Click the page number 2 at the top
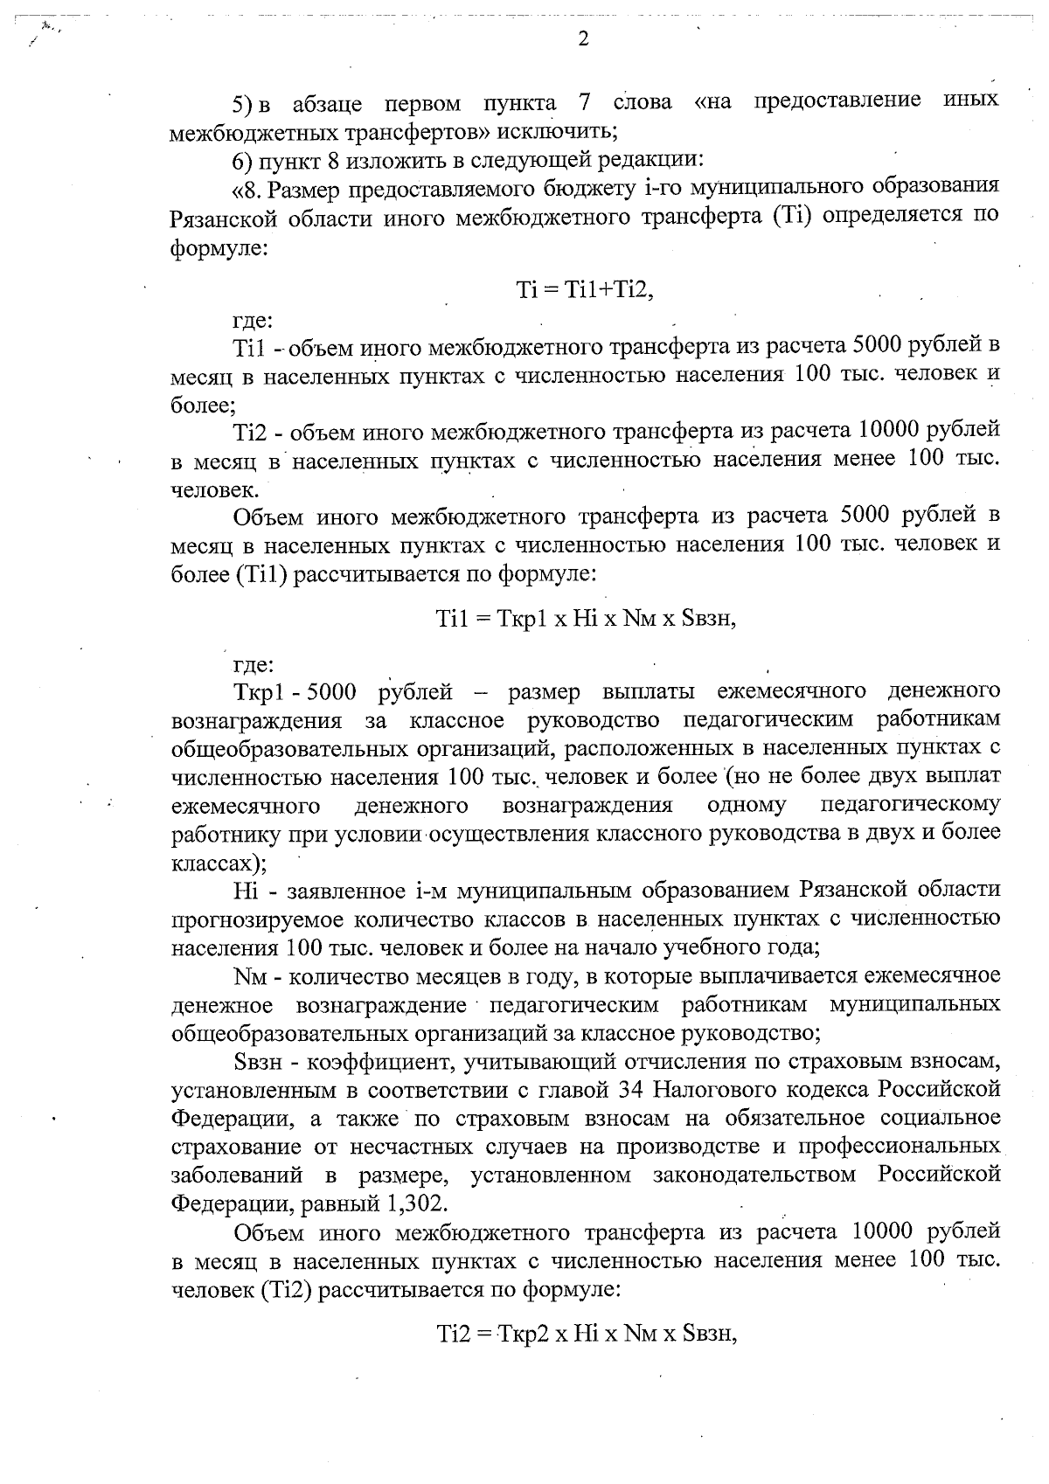583,38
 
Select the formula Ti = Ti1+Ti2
585,292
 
